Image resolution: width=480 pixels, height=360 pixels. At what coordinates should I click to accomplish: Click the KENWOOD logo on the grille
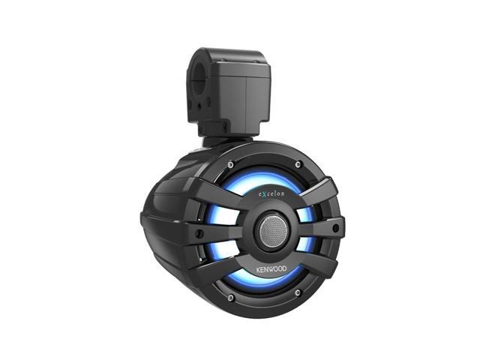pyautogui.click(x=271, y=269)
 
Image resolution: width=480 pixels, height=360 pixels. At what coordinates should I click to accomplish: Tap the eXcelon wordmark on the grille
pyautogui.click(x=271, y=193)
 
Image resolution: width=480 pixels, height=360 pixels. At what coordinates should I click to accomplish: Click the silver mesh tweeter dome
pyautogui.click(x=273, y=230)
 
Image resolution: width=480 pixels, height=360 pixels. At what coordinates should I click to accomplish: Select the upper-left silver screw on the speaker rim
pyautogui.click(x=231, y=165)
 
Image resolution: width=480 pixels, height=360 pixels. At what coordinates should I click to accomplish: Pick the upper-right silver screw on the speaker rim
pyautogui.click(x=298, y=165)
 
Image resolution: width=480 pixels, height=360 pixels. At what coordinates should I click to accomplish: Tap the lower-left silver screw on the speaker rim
pyautogui.click(x=231, y=297)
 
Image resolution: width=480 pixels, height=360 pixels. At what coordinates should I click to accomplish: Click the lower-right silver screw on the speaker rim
pyautogui.click(x=298, y=293)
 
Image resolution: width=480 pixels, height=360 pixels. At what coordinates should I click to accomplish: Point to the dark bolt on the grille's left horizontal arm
pyautogui.click(x=199, y=233)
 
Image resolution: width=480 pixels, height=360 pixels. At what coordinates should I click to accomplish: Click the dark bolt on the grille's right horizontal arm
pyautogui.click(x=336, y=227)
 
